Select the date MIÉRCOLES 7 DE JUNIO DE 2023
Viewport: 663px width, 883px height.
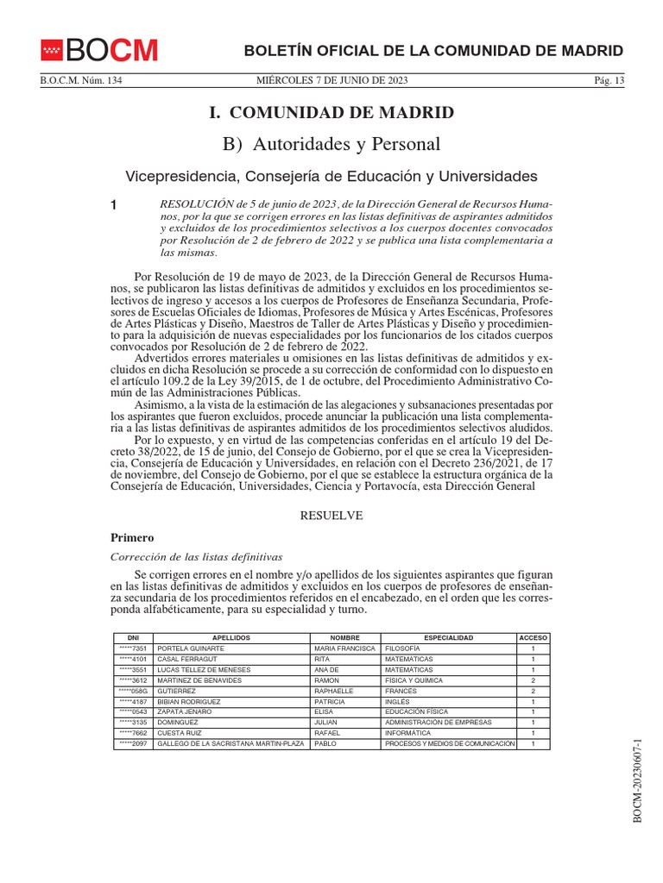point(331,81)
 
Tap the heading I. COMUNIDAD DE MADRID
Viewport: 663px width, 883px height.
point(331,113)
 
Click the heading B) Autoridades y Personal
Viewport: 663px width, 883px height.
point(331,143)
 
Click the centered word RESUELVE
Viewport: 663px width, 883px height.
point(331,515)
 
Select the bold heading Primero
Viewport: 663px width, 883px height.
point(132,537)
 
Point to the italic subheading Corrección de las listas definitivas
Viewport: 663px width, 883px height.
point(198,556)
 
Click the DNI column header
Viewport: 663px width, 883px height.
point(133,637)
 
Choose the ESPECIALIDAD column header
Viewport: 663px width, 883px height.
point(448,637)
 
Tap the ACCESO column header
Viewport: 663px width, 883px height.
point(534,637)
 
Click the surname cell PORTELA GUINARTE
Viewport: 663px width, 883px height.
point(191,648)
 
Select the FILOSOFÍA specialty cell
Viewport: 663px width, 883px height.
point(402,648)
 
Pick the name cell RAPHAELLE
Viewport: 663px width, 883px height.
point(334,691)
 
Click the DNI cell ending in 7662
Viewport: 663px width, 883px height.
point(133,733)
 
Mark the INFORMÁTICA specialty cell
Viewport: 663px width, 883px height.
point(410,733)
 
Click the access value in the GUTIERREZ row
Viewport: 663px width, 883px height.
point(534,691)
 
